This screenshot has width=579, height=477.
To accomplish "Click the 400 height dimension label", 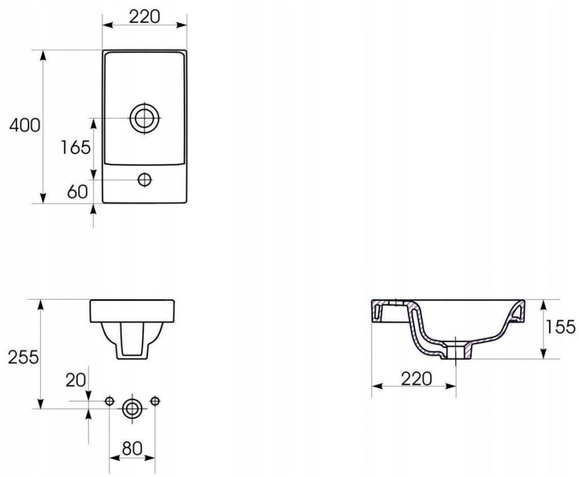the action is (24, 126).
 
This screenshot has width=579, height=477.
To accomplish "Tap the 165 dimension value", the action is (75, 148).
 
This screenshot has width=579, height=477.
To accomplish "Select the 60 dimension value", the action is (77, 191).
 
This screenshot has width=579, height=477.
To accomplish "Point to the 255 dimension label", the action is (23, 357).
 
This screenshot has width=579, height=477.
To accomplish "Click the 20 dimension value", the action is (75, 380).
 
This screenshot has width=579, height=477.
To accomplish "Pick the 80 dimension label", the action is (132, 448).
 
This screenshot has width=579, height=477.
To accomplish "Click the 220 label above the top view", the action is (144, 16).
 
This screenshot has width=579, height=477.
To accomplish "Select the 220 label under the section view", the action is (416, 379).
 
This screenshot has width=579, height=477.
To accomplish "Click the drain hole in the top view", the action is (145, 118).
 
